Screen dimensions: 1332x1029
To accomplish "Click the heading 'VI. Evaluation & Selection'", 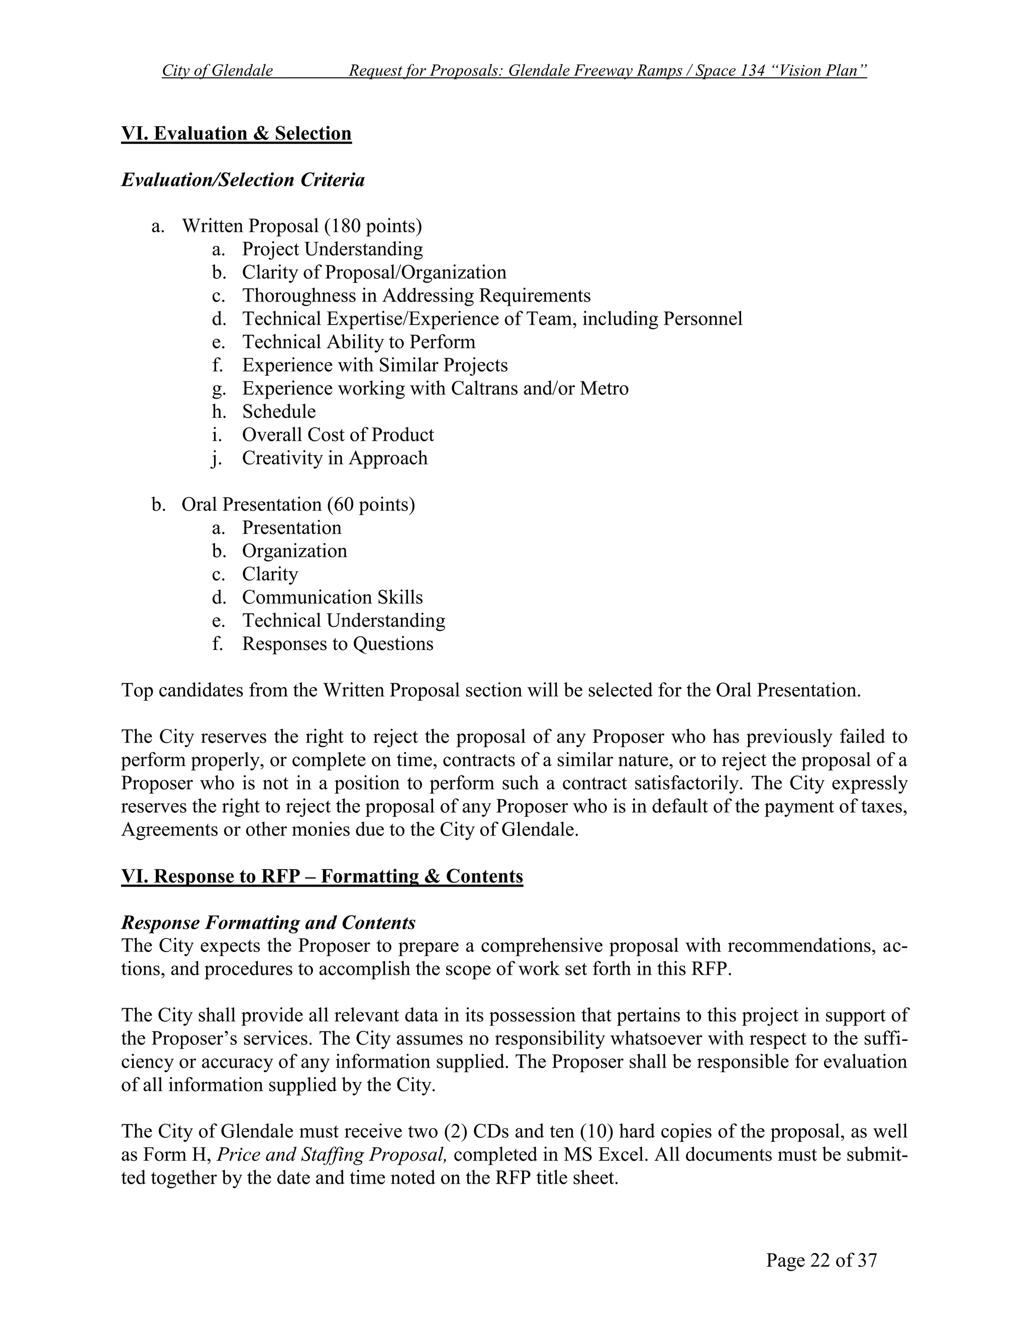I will (x=237, y=134).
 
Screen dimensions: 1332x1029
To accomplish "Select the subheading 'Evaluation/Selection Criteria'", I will (x=243, y=180).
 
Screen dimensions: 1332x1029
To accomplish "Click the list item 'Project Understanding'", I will (x=332, y=249).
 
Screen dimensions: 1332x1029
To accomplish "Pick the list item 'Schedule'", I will (x=278, y=412).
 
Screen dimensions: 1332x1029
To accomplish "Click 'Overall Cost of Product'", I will (x=338, y=435).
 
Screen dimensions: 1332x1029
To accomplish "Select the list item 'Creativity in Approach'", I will (x=335, y=458).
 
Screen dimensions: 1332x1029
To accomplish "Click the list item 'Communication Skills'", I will (x=332, y=597).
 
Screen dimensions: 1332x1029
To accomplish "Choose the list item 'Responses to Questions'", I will (x=338, y=643).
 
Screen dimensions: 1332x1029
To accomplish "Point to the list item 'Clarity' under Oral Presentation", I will (x=270, y=574).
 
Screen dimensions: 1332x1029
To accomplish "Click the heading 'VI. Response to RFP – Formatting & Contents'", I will (x=322, y=877).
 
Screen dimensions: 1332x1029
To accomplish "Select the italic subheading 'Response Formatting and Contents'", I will (x=268, y=923).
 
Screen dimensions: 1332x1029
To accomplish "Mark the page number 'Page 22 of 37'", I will (x=821, y=1260).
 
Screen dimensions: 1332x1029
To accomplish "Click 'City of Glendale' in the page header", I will (x=218, y=71).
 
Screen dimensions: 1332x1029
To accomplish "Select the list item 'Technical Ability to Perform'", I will (x=358, y=342).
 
